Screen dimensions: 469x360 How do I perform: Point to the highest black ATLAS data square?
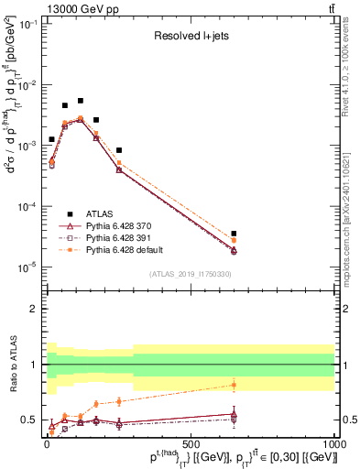tap(81, 101)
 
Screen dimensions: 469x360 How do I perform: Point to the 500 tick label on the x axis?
tap(191, 442)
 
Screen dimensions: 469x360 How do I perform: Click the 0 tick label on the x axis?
tap(47, 442)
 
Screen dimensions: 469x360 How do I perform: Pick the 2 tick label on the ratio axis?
tap(36, 309)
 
